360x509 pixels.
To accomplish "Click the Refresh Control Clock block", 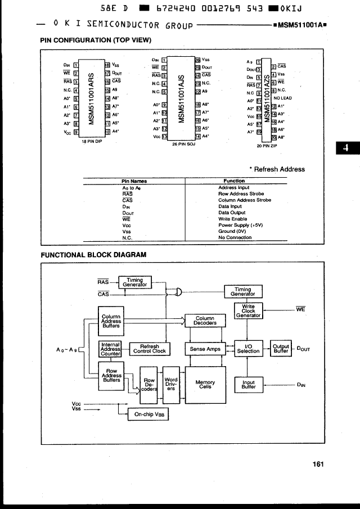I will click(x=149, y=349).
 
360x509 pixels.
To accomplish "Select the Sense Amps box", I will click(x=205, y=349).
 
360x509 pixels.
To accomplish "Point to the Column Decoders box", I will click(x=205, y=321).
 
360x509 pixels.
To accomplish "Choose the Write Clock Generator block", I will click(x=248, y=311).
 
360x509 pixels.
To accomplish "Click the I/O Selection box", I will click(x=248, y=349).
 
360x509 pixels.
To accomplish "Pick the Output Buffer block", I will click(x=280, y=349).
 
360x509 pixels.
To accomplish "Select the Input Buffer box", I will click(x=248, y=385).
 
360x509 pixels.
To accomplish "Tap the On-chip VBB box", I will click(x=148, y=415).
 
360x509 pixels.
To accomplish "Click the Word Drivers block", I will click(x=170, y=384).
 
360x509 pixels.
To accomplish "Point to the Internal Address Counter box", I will click(x=110, y=349).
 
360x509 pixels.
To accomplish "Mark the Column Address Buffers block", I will click(x=110, y=321).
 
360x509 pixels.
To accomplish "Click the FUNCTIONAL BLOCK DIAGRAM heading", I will click(x=93, y=254).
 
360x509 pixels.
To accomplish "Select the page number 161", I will click(x=318, y=464).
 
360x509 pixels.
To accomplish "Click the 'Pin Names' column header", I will click(x=134, y=181).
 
